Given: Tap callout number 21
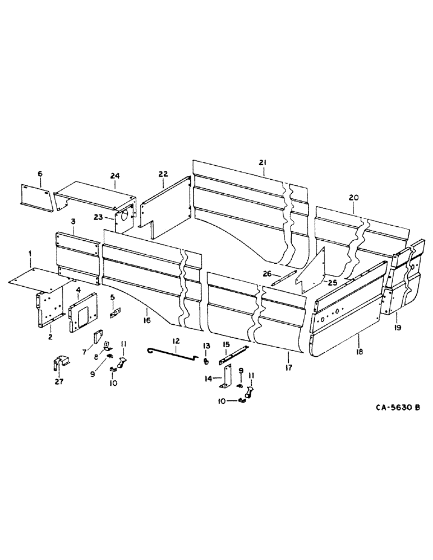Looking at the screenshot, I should [x=262, y=162].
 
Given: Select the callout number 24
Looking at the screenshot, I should [x=114, y=176].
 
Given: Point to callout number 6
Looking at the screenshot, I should [x=40, y=174].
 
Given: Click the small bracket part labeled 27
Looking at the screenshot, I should [x=60, y=363].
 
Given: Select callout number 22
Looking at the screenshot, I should [x=163, y=175].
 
